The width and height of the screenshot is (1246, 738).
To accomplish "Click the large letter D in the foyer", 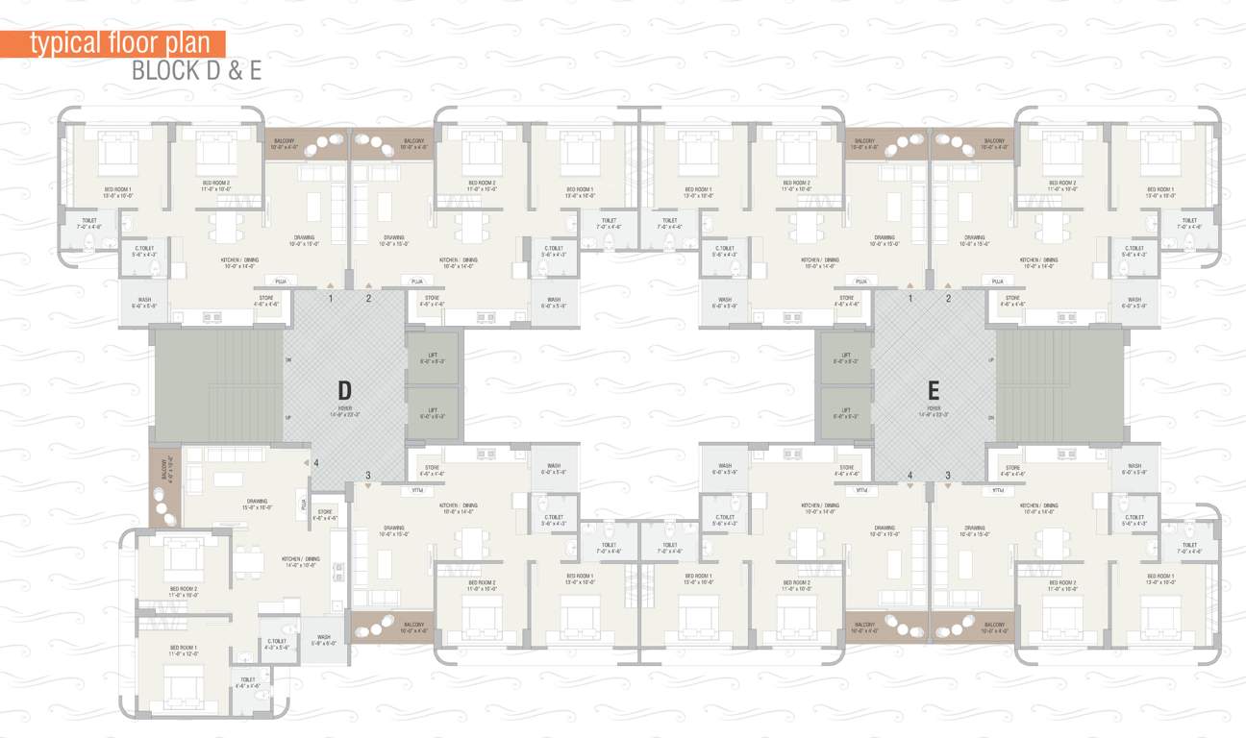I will point(344,390).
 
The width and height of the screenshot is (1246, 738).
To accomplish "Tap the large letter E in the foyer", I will point(933,390).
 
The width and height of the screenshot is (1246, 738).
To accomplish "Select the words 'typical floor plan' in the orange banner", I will point(119,43).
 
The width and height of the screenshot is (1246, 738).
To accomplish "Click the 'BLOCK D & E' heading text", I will point(196,70).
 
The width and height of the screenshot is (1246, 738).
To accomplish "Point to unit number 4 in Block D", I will point(316,463).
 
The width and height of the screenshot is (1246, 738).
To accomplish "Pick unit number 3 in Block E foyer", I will point(947,475).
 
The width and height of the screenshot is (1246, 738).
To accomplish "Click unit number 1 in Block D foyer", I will point(331,299).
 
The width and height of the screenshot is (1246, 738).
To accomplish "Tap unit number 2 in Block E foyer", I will point(947,299).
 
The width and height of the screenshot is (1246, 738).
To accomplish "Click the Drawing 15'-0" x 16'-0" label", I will point(258,504).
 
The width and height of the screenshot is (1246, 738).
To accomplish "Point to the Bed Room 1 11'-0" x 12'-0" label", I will point(184,651).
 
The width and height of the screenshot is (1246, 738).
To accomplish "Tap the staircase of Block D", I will point(219,387).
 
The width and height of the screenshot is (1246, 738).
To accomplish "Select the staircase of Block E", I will point(1058,387).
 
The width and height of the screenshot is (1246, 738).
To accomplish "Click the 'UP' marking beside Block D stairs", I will point(288,418).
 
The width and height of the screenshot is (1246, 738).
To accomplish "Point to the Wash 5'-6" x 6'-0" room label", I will point(324,640).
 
